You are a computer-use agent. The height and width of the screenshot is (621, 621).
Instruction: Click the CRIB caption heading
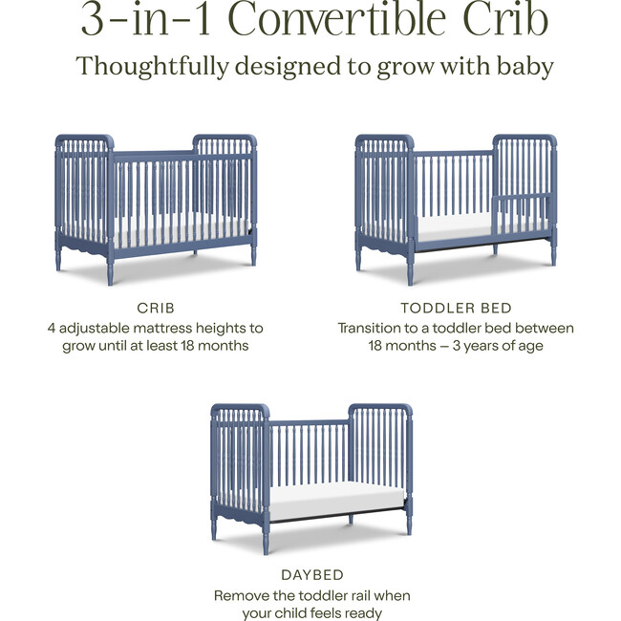click(x=156, y=308)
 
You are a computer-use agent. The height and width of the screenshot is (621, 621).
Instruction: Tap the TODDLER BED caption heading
click(x=456, y=308)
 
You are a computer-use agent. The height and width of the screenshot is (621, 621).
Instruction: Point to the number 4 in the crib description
click(x=52, y=328)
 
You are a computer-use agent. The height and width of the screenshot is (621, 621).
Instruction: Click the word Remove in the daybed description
click(x=242, y=595)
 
